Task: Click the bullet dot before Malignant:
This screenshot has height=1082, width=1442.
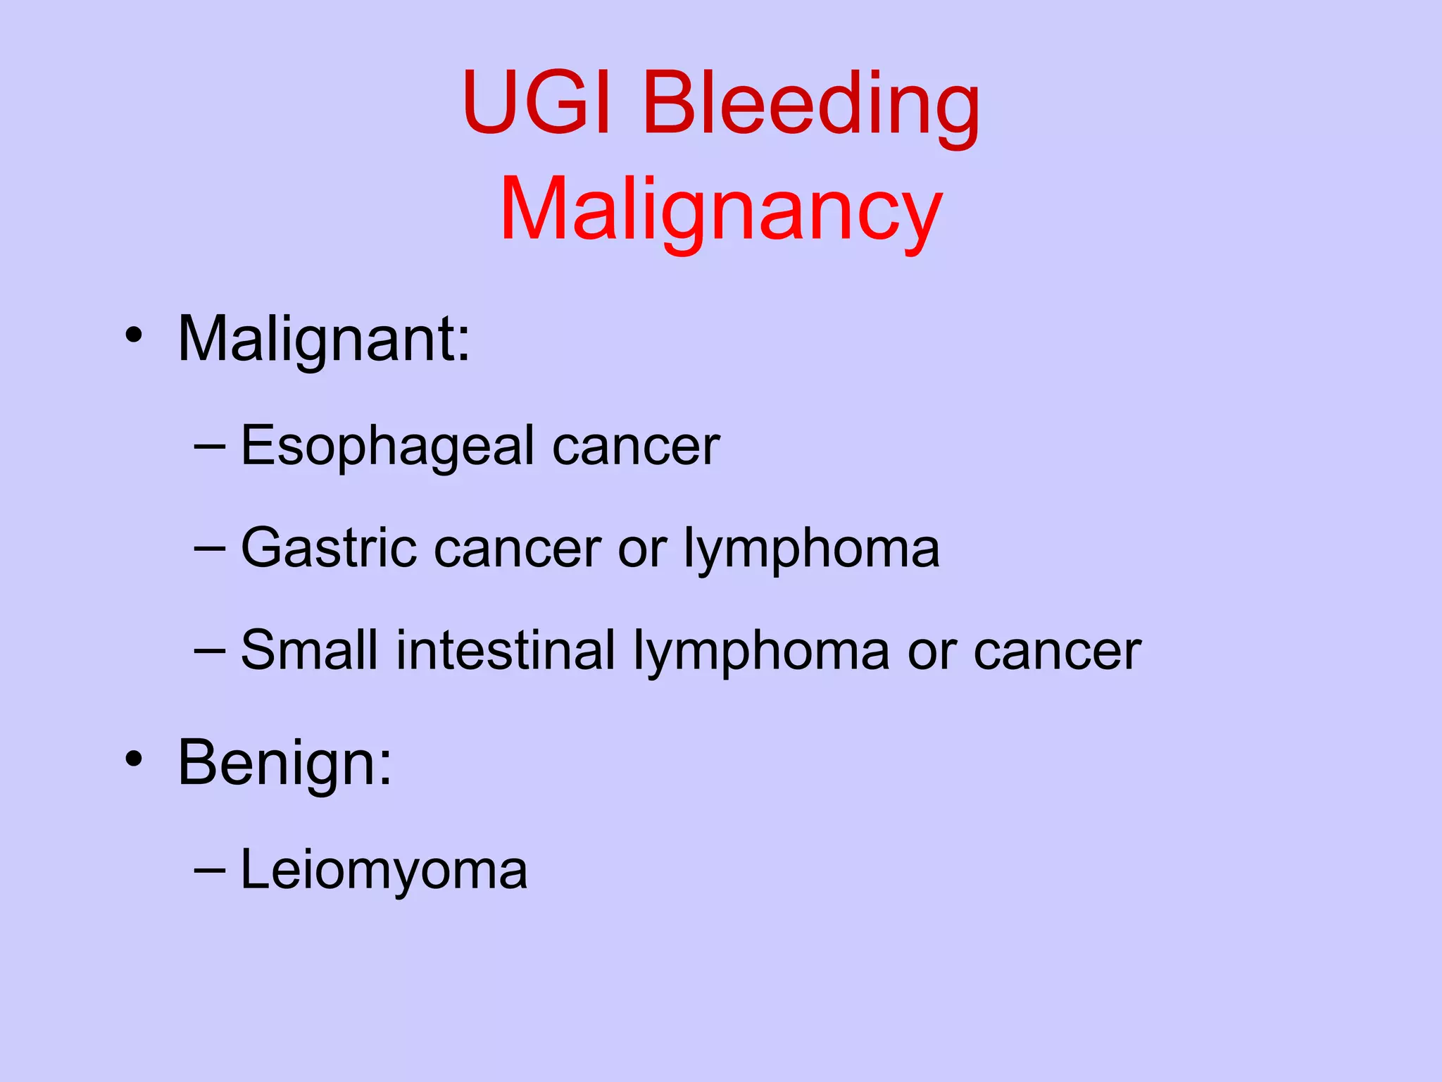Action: [134, 335]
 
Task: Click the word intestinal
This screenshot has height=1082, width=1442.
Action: [506, 650]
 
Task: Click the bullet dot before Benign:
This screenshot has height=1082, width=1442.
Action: [134, 759]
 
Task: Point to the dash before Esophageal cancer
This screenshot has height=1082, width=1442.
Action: [209, 447]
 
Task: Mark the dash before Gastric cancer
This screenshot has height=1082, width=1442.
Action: [209, 549]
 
